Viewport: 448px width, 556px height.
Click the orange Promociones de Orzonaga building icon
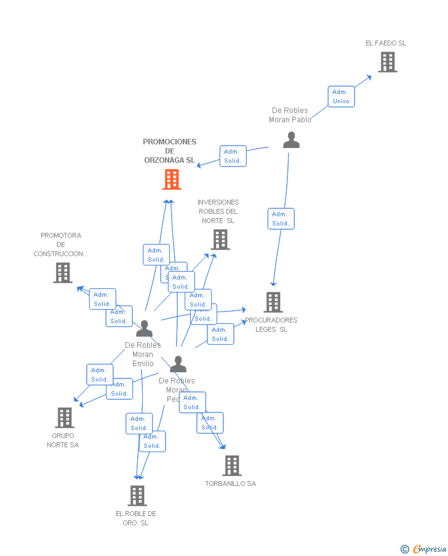pos(172,179)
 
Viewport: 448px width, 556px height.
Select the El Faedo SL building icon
pos(387,62)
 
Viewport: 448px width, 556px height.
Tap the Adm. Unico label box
pos(341,96)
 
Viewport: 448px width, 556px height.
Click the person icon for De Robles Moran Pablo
pos(291,140)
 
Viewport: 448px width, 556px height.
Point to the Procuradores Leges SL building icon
pos(273,302)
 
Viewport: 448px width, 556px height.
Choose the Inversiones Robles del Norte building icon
pos(220,240)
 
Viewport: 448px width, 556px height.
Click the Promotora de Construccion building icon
pos(63,273)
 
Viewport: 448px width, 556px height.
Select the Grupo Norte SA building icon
pos(64,418)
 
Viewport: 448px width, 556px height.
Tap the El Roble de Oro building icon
pos(137,495)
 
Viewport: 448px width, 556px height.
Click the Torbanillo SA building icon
pos(232,466)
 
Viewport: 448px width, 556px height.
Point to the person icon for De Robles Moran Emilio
pos(144,329)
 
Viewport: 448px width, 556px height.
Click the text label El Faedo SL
pos(386,43)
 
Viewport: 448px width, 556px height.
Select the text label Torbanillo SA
pos(230,484)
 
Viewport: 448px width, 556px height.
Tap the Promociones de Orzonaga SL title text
pos(170,151)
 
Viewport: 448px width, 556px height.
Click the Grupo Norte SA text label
pos(63,440)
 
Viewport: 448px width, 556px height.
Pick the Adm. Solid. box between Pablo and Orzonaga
pos(233,156)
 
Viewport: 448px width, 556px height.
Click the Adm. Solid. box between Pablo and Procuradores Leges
pos(281,219)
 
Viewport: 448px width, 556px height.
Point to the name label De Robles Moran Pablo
pos(290,115)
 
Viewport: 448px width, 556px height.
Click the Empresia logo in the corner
pos(425,549)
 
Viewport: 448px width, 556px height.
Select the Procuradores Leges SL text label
pos(271,324)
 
